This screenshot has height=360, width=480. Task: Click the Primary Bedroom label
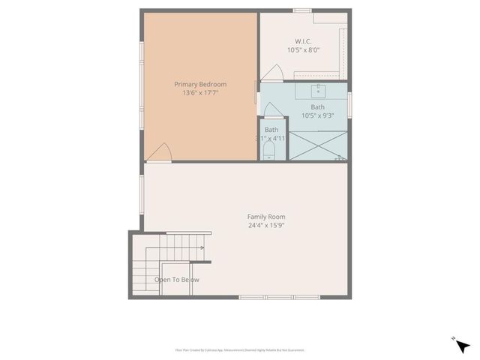coord(200,85)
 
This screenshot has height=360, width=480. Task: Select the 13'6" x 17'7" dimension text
coord(200,94)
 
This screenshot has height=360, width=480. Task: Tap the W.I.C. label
coord(304,41)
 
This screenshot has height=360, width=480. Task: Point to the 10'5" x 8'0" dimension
coord(304,50)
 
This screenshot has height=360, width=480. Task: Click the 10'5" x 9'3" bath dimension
coord(318,115)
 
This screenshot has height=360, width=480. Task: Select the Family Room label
coord(266,217)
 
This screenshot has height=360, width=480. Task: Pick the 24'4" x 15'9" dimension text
coord(266,226)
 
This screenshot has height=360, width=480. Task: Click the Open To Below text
coord(177,280)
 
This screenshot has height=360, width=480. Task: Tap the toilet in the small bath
coord(269,151)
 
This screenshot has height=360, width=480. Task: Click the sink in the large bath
coord(318,92)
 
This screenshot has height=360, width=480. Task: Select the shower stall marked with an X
coord(318,145)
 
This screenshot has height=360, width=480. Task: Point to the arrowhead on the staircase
coord(202,248)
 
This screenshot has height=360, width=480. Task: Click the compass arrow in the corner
coord(462,346)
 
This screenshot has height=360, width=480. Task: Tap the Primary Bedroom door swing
coord(160,152)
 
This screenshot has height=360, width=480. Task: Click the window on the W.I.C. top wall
coord(302,10)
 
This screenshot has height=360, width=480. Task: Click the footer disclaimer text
coord(240,350)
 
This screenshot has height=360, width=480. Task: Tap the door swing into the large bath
coord(273,109)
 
